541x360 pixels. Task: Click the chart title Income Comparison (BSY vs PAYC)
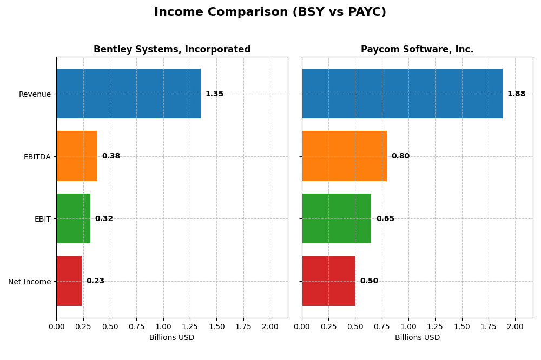(x=270, y=12)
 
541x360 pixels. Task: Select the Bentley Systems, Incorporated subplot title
(x=172, y=50)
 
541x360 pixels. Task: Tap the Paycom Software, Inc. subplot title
(x=417, y=50)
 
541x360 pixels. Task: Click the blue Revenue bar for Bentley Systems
(x=128, y=94)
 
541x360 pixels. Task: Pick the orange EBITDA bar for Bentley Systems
(x=77, y=156)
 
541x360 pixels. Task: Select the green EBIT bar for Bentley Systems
(x=73, y=218)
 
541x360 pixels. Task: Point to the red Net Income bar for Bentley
(x=69, y=281)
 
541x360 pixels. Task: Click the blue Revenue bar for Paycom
(x=402, y=94)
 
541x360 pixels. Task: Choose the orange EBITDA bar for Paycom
(x=344, y=156)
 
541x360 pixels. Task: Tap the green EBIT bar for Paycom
(x=337, y=218)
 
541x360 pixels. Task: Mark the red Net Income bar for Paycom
(x=328, y=281)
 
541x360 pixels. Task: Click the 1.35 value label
(x=214, y=94)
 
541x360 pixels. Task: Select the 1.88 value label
(x=516, y=94)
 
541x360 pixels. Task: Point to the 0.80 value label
(x=400, y=156)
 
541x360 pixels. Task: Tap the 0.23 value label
(x=95, y=281)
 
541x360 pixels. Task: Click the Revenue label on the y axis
(x=35, y=94)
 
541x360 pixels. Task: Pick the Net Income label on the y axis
(x=29, y=282)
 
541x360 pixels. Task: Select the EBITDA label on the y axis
(x=37, y=157)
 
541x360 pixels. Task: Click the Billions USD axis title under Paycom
(x=417, y=338)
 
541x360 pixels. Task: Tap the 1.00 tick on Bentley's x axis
(x=163, y=326)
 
